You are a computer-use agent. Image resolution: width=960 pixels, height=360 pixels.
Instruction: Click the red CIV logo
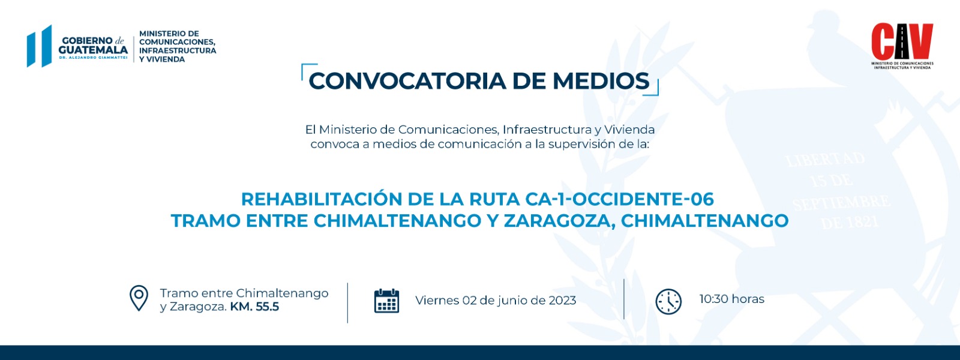pos(902,41)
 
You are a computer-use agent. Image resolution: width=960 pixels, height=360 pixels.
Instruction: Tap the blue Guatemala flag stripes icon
pos(40,46)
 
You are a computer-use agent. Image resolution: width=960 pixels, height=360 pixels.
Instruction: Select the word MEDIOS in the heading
pos(601,81)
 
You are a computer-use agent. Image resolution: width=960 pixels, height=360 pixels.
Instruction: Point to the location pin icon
pos(139,298)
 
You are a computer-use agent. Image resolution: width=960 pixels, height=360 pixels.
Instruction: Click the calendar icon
pos(386,301)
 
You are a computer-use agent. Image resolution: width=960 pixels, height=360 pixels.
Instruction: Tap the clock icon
pos(668,302)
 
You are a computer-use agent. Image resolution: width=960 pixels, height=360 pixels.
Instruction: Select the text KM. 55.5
pos(254,307)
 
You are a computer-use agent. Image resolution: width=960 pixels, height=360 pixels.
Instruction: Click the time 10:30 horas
pos(731,299)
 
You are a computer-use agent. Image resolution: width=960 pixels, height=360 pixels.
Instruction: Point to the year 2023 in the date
pos(562,301)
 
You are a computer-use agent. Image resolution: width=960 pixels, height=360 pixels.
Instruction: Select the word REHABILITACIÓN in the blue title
pos(322,199)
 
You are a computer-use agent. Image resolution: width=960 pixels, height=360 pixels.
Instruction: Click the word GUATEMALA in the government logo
pos(93,50)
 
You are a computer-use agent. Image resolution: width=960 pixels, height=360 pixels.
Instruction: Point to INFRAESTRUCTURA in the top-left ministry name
pos(178,50)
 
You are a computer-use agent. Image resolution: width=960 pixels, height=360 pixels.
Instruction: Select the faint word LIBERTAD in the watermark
pos(826,160)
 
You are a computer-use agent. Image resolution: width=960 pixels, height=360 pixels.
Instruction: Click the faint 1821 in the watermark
pos(862,222)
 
